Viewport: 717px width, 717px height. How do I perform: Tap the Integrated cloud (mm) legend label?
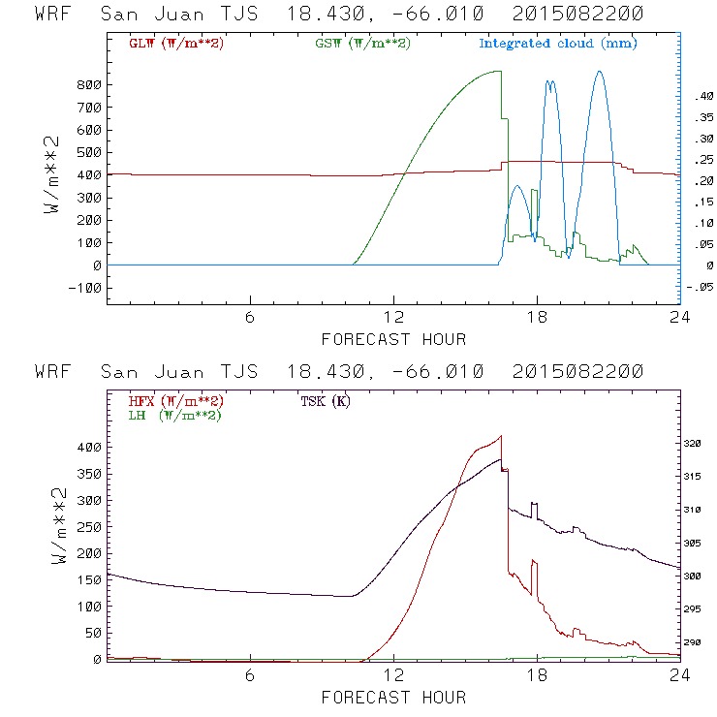(558, 44)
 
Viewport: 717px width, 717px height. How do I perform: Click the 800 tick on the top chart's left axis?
(89, 84)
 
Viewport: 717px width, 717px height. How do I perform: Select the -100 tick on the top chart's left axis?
(85, 288)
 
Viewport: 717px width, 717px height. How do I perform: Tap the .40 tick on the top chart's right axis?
(699, 97)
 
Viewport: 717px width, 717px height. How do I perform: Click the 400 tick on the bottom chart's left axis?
(89, 448)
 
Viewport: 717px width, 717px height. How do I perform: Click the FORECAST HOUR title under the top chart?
(393, 339)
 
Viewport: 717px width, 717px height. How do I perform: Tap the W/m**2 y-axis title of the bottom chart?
(60, 528)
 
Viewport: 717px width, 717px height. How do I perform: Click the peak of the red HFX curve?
(501, 436)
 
